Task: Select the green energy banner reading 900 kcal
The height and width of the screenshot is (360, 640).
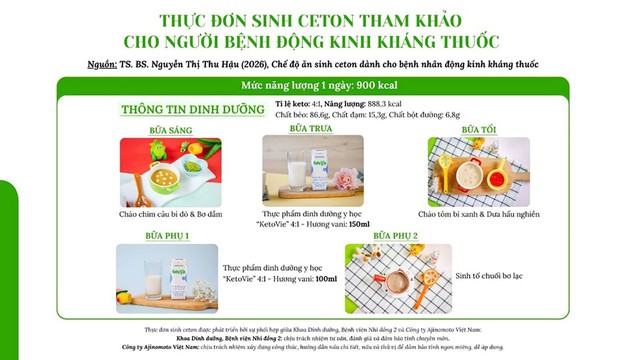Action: [x=319, y=86]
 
